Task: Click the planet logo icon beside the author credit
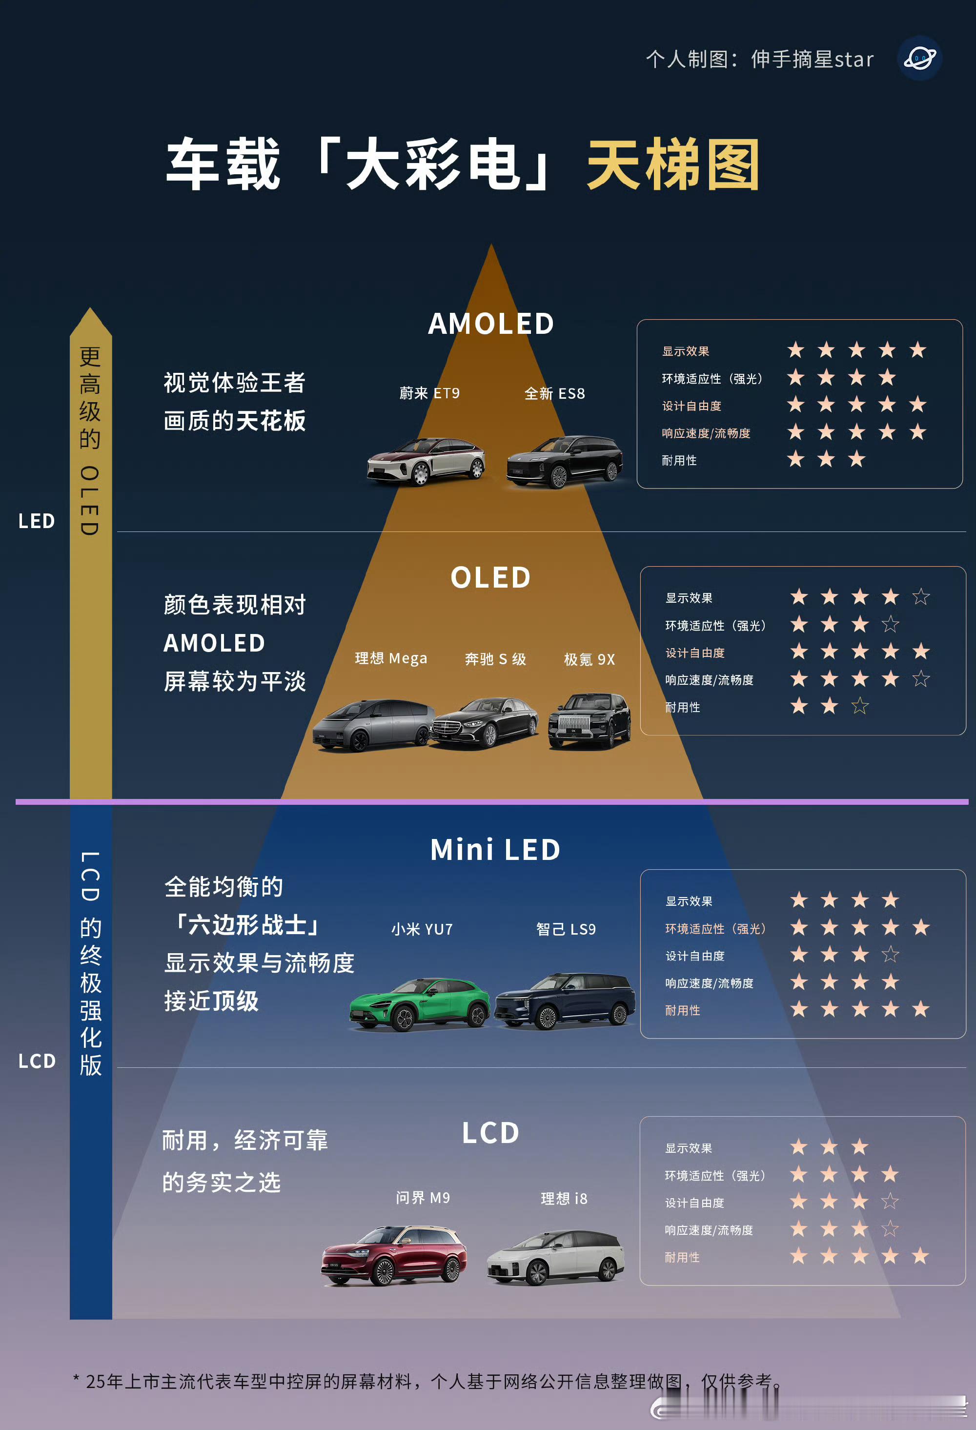920,59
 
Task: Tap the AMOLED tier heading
491,324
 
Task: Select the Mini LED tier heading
495,850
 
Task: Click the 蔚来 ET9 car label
429,393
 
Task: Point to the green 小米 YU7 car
420,1003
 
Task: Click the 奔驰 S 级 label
495,659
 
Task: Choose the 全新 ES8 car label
554,393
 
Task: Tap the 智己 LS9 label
566,929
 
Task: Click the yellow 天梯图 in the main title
673,165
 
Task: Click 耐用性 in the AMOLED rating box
679,460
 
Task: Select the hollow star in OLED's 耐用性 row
860,706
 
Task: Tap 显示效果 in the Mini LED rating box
689,901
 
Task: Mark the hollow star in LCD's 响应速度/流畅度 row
890,1229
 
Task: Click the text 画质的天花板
234,421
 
